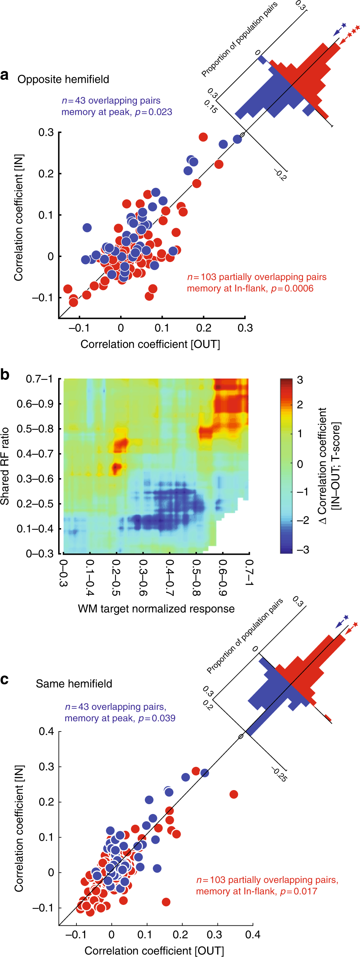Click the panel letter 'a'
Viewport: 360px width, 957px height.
pyautogui.click(x=5, y=75)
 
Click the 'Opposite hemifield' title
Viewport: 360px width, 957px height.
pyautogui.click(x=63, y=79)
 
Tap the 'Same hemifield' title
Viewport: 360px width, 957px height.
pyautogui.click(x=74, y=684)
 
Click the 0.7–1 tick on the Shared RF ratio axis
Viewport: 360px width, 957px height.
pyautogui.click(x=39, y=379)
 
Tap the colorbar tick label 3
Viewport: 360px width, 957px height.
pyautogui.click(x=300, y=380)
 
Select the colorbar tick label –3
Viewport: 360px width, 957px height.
pyautogui.click(x=303, y=549)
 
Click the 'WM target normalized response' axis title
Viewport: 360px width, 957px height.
pyautogui.click(x=156, y=609)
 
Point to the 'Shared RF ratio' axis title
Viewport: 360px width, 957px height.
pyautogui.click(x=5, y=466)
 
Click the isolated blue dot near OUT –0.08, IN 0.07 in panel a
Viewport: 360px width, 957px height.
pyautogui.click(x=87, y=228)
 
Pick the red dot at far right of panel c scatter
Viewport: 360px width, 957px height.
pyautogui.click(x=234, y=794)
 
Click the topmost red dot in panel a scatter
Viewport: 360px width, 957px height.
pyautogui.click(x=203, y=137)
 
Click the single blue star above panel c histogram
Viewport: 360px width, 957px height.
pyautogui.click(x=346, y=617)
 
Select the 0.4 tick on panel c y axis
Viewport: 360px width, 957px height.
pyautogui.click(x=46, y=732)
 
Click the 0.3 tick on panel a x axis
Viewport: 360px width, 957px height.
pyautogui.click(x=245, y=328)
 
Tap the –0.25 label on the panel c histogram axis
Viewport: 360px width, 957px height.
pyautogui.click(x=279, y=774)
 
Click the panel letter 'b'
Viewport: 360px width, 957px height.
pyautogui.click(x=5, y=375)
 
